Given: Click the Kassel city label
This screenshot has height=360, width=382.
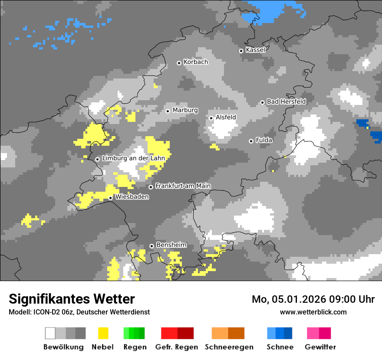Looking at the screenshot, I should tap(255, 50).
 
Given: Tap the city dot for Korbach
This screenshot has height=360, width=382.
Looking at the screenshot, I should tap(179, 63).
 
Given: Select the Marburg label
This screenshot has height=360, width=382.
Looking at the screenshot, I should tap(185, 110).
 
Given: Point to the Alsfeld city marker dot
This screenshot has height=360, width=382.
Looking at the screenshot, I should tap(211, 118).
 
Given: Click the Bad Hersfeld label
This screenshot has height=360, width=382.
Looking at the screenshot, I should tap(286, 101).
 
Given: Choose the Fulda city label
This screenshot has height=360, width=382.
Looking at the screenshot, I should tap(264, 140).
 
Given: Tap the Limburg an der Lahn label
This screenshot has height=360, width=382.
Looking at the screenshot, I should tap(133, 158).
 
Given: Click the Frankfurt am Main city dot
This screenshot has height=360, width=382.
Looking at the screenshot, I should tap(151, 187).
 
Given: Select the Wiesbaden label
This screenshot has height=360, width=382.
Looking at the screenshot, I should tap(132, 197).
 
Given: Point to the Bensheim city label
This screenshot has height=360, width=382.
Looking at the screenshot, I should tap(171, 245).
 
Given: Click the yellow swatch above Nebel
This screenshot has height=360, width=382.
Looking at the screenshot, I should tap(103, 333).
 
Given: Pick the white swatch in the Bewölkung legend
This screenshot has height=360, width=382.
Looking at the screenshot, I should tap(50, 333).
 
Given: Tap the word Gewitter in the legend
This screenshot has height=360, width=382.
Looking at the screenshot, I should tap(320, 347).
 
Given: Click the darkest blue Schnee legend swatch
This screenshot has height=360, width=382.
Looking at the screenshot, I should tap(288, 333).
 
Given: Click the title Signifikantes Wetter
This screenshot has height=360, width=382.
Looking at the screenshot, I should tap(72, 299).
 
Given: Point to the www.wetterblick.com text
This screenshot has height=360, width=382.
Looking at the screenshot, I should tap(313, 312).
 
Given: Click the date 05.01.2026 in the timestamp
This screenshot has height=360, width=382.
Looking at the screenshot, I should tap(300, 299).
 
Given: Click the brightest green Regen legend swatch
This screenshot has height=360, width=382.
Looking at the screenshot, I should tap(126, 333).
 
